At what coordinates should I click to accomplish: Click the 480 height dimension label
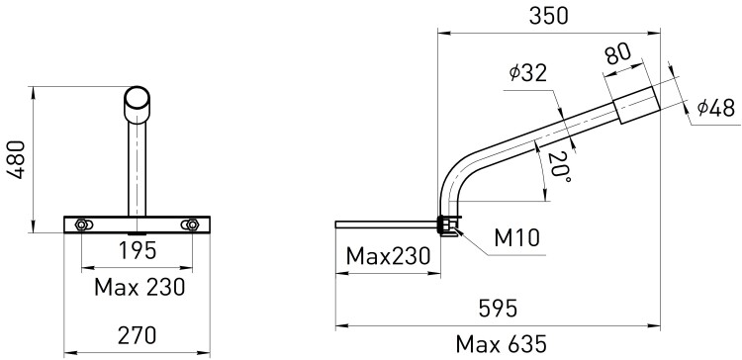[17, 159]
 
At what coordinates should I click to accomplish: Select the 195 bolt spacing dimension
[138, 251]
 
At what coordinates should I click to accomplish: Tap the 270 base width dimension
[137, 335]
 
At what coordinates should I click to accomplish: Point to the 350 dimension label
[548, 16]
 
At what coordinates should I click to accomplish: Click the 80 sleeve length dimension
[617, 55]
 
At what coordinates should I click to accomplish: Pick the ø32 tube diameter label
[528, 73]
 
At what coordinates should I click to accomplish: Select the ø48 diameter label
[716, 109]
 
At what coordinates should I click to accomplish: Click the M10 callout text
[516, 238]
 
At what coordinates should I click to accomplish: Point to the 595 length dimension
[498, 310]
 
